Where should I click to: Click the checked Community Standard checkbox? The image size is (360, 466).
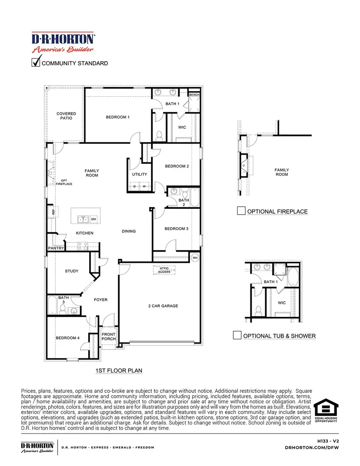click(x=36, y=62)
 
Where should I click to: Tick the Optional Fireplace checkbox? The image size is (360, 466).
click(x=241, y=211)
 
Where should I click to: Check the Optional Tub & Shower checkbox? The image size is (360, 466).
click(x=237, y=335)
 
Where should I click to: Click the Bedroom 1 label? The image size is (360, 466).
click(x=118, y=117)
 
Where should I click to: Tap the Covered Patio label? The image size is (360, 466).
click(x=66, y=116)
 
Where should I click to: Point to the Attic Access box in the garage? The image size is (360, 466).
click(x=164, y=270)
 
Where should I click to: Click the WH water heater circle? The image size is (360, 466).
click(x=195, y=258)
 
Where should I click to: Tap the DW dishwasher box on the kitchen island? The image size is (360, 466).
click(x=94, y=219)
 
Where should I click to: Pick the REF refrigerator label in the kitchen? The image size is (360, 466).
click(x=53, y=212)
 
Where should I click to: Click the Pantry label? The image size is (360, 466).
click(x=56, y=248)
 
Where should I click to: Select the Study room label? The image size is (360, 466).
click(x=72, y=271)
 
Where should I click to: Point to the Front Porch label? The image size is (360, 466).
click(x=108, y=337)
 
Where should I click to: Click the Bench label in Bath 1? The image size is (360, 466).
click(x=194, y=95)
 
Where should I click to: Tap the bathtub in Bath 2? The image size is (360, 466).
click(x=195, y=197)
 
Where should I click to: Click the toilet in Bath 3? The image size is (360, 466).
click(x=63, y=310)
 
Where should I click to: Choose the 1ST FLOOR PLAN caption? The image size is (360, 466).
click(x=119, y=371)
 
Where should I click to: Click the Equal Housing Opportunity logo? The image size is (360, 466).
click(x=325, y=410)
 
